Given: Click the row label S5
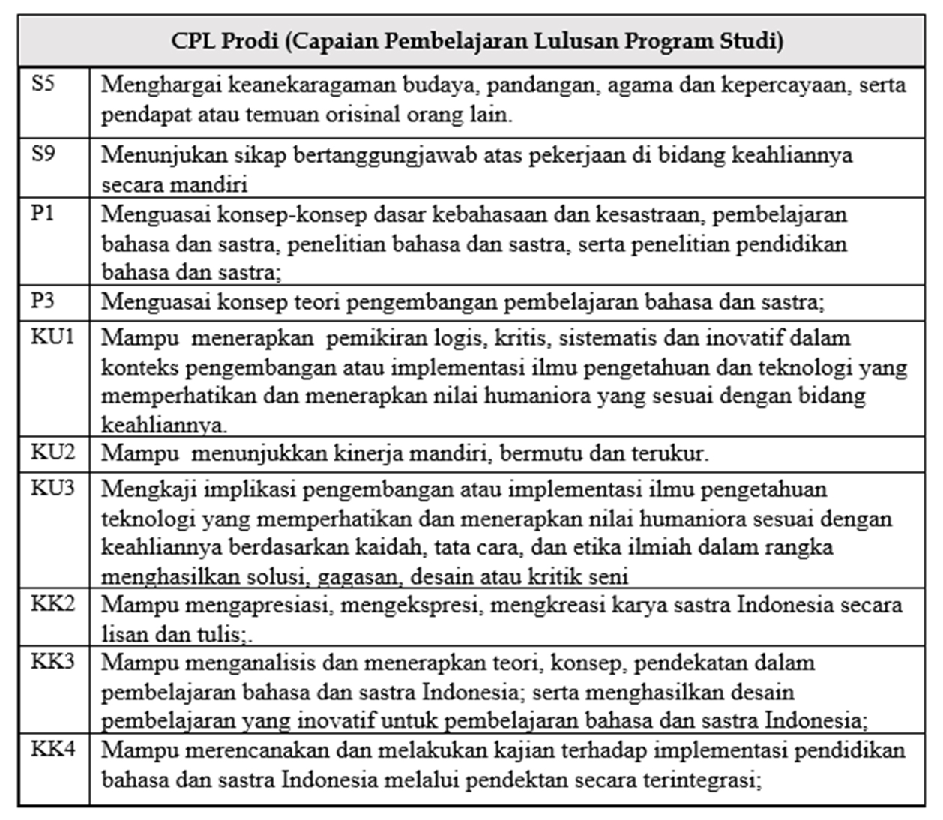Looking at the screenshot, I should [43, 83].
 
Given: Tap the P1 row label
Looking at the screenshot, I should [43, 214].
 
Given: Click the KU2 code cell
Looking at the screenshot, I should [52, 452].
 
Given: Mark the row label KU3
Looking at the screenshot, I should [52, 488].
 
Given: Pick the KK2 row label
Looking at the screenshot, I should [52, 603].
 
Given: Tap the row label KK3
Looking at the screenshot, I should [52, 662].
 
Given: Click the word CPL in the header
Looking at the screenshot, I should [193, 40].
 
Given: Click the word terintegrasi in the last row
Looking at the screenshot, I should [701, 780].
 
